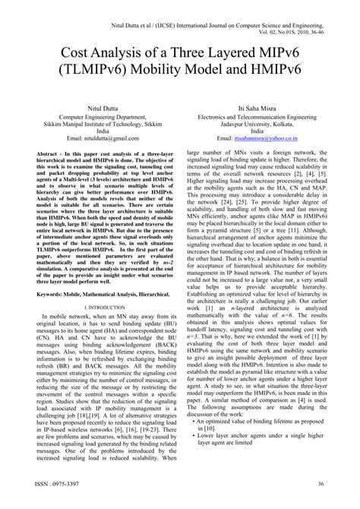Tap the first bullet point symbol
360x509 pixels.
(196, 441)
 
